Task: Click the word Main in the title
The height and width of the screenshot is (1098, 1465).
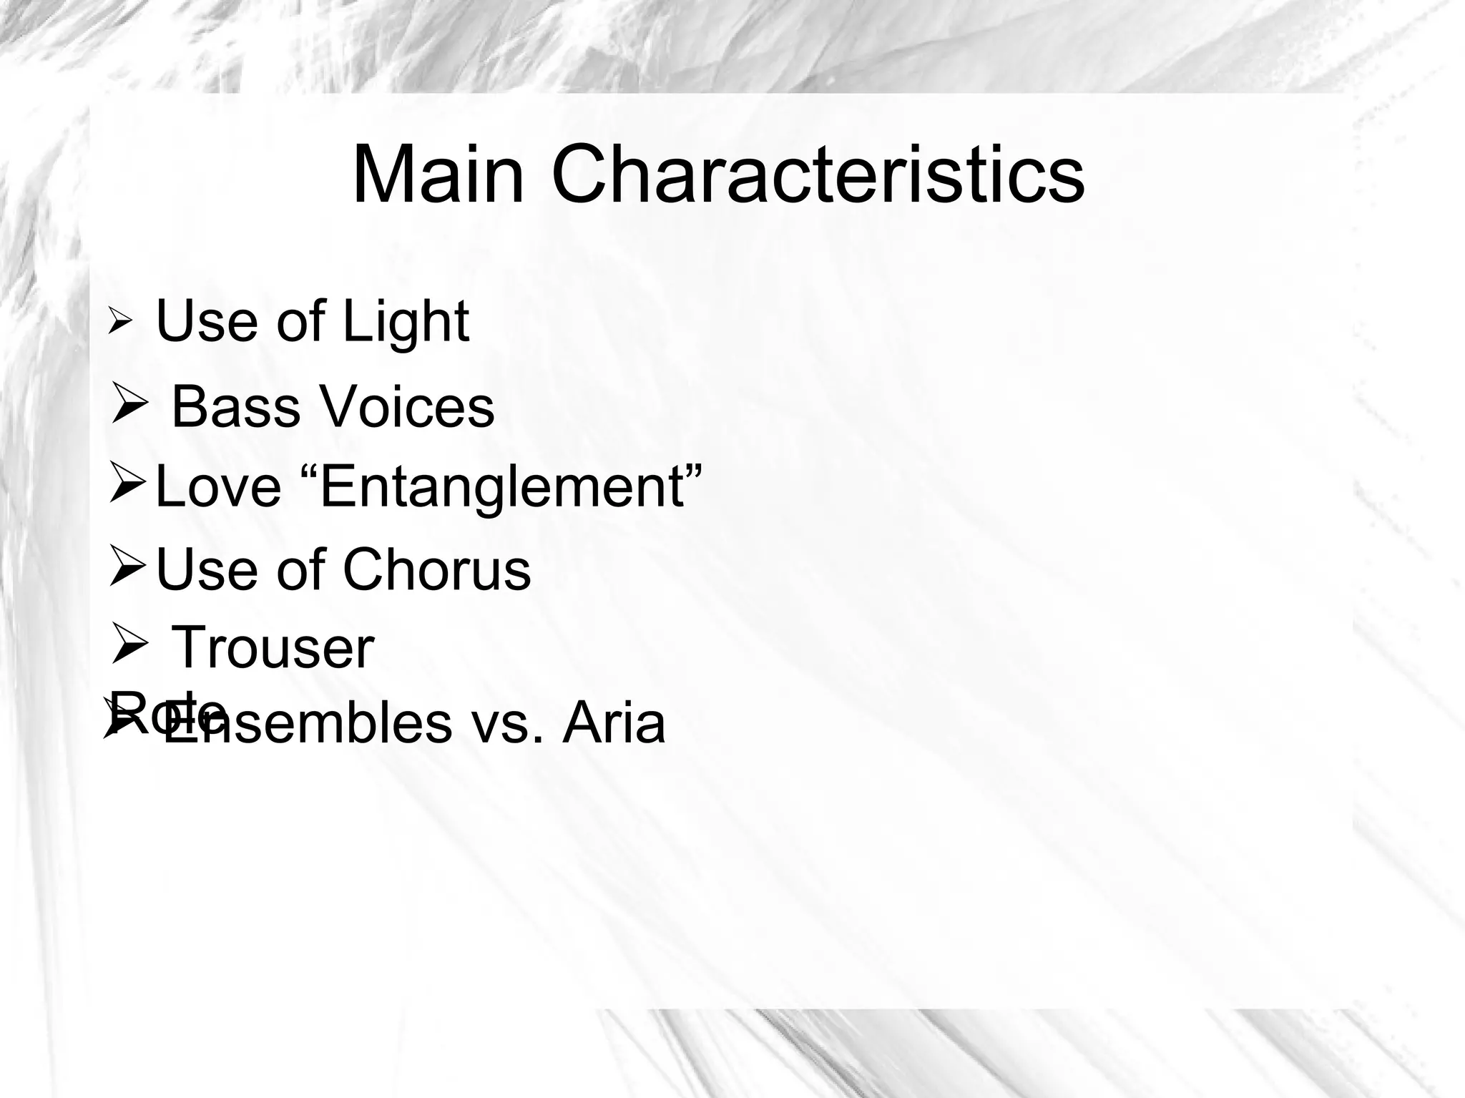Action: (438, 175)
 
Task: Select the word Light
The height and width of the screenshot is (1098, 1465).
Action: (406, 322)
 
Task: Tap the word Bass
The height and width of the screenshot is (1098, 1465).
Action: (235, 408)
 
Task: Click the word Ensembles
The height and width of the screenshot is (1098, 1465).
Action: (308, 724)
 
